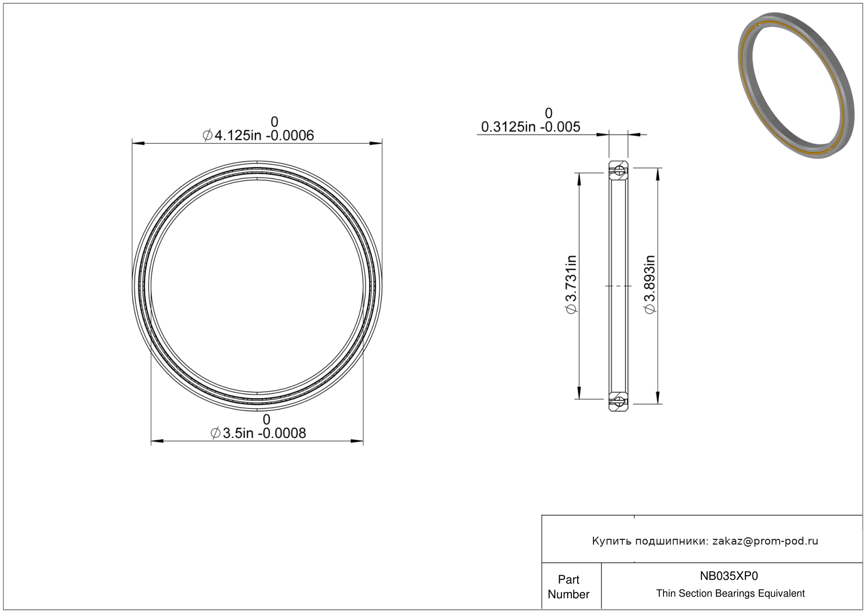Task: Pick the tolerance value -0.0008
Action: (x=282, y=433)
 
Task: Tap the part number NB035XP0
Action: (x=729, y=576)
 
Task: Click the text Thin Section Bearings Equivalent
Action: (x=730, y=594)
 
